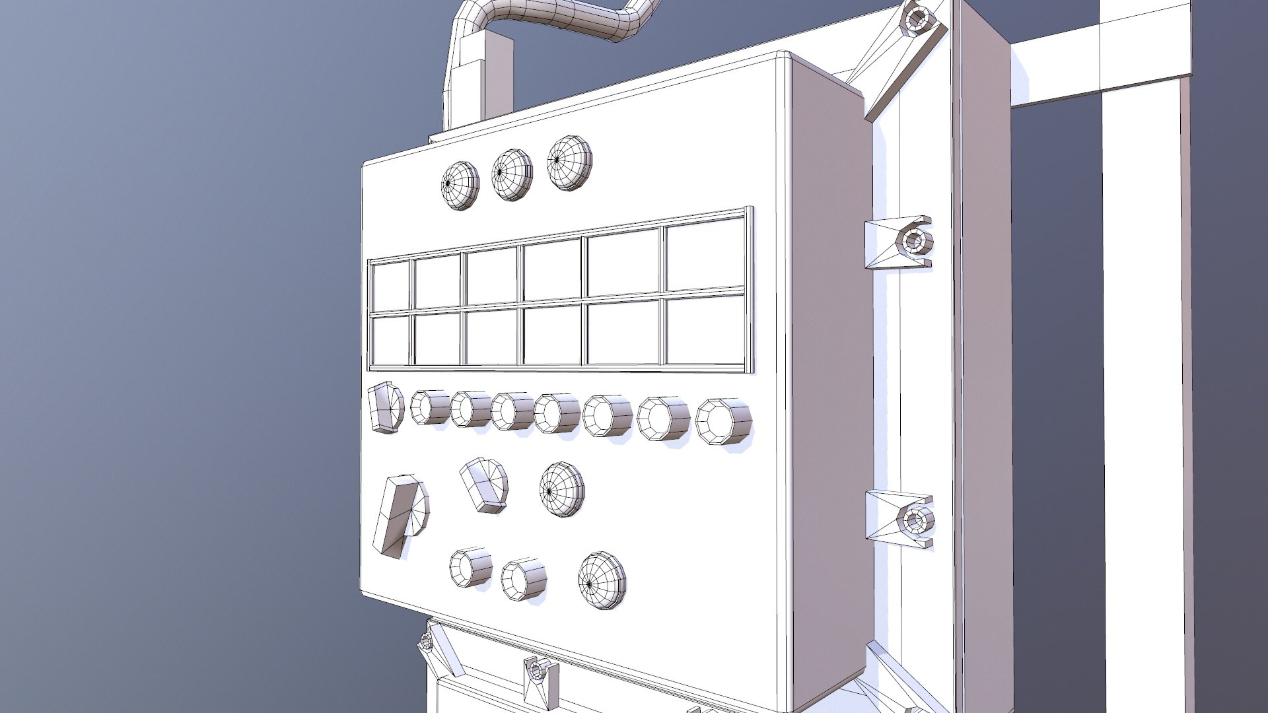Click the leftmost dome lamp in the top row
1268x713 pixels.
click(460, 186)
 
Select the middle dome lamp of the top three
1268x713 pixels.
click(512, 174)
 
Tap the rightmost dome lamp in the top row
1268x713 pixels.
click(569, 162)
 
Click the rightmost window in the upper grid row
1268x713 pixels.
click(705, 254)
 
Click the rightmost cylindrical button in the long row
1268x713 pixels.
click(724, 421)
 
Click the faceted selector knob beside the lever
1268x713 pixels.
click(485, 485)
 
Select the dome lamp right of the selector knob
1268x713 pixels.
click(561, 489)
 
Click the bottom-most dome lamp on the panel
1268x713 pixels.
click(602, 580)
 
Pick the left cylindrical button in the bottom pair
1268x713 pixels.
click(471, 566)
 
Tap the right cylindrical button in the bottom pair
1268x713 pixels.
click(523, 580)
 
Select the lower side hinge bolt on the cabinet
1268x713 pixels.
click(915, 520)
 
